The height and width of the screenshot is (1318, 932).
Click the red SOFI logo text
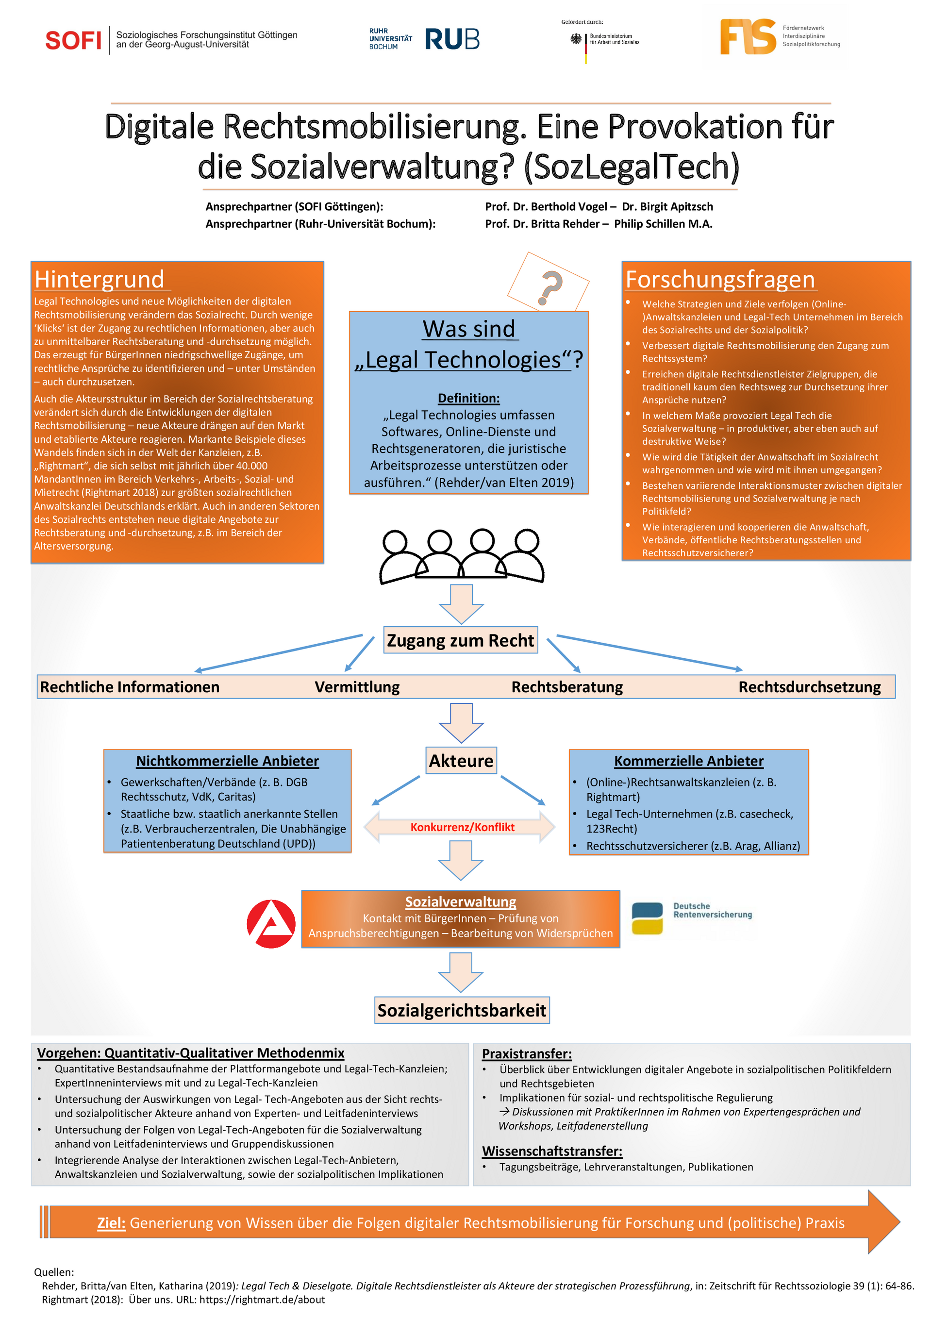pyautogui.click(x=73, y=40)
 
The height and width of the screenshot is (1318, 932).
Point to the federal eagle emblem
pyautogui.click(x=576, y=38)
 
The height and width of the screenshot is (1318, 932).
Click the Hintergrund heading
pyautogui.click(x=100, y=280)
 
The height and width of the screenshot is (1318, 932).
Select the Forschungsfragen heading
pyautogui.click(x=720, y=280)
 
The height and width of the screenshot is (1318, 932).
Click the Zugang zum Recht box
pyautogui.click(x=460, y=640)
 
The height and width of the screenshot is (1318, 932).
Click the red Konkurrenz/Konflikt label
pyautogui.click(x=462, y=827)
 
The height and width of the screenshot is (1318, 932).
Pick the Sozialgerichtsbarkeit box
pyautogui.click(x=462, y=1010)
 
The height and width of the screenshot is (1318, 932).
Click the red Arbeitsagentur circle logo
pyautogui.click(x=271, y=924)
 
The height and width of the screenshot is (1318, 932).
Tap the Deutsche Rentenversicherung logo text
pyautogui.click(x=712, y=910)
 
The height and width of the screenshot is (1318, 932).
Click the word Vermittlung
pyautogui.click(x=357, y=687)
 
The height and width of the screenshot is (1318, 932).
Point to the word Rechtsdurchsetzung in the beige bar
pyautogui.click(x=809, y=687)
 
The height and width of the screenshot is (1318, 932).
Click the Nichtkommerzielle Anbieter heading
pyautogui.click(x=227, y=761)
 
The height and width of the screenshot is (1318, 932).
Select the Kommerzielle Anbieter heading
pyautogui.click(x=689, y=761)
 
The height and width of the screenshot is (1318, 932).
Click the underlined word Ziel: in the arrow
pyautogui.click(x=111, y=1223)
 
